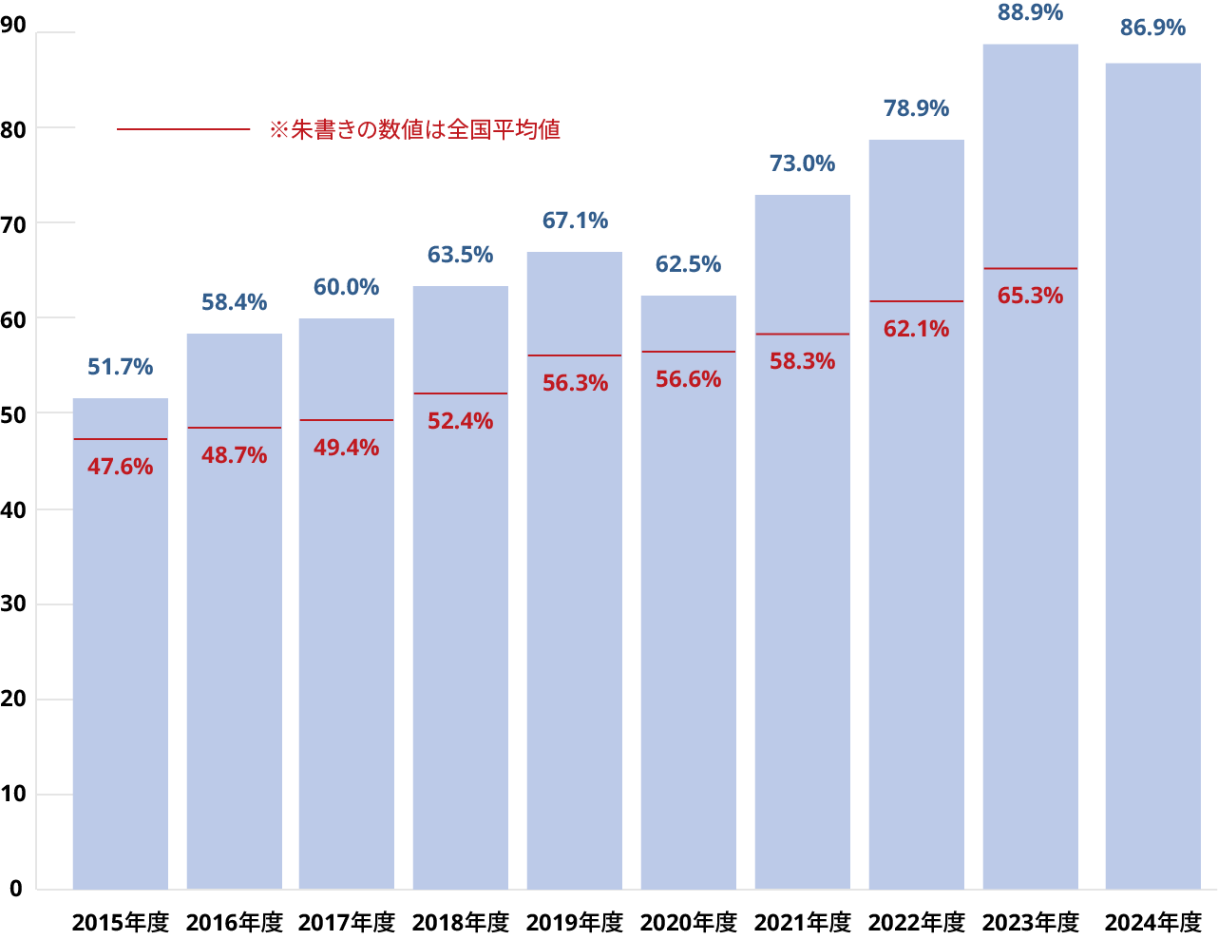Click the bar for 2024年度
point(1152,475)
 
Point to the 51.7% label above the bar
point(120,367)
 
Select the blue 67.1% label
point(575,221)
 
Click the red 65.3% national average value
point(1030,296)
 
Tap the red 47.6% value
point(120,467)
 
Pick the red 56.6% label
point(688,379)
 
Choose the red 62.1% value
point(916,329)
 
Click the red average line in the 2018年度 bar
point(460,393)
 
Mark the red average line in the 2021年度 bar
point(802,335)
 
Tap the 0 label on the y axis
point(16,889)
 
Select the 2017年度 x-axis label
point(346,922)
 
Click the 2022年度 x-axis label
point(916,922)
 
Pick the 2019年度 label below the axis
point(575,922)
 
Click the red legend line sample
point(182,129)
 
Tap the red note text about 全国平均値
point(415,129)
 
